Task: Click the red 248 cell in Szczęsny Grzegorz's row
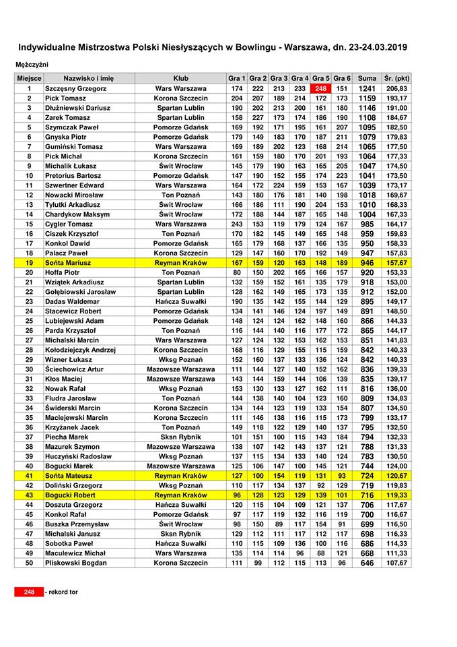pos(321,88)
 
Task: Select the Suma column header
pos(367,78)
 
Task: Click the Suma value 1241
pos(367,88)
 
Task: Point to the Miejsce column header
pos(29,78)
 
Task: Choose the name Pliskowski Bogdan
pos(76,562)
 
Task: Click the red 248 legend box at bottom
pos(29,592)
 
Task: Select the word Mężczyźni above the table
pos(34,64)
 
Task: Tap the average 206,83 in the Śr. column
pos(397,88)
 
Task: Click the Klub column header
pos(180,78)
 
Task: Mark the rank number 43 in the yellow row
pos(29,494)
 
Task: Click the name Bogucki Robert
pos(71,494)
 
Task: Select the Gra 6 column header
pos(342,78)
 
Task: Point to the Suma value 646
pos(367,562)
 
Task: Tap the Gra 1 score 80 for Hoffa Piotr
pos(236,272)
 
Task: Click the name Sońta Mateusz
pos(69,474)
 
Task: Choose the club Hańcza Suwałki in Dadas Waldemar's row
pos(180,301)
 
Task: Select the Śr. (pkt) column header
pos(397,78)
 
